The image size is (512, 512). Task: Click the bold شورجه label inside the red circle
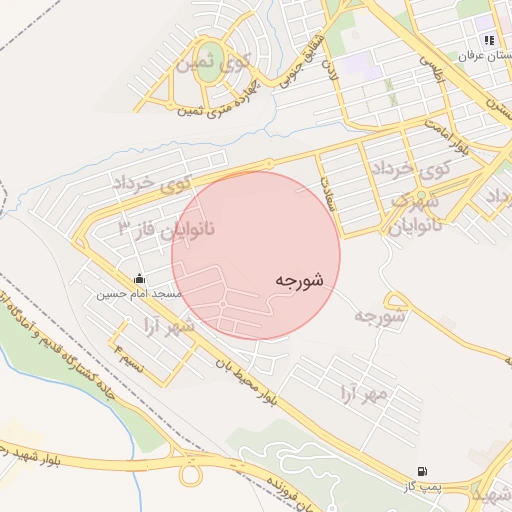point(298,281)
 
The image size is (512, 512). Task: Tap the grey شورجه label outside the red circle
point(379,316)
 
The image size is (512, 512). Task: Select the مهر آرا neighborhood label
point(361,392)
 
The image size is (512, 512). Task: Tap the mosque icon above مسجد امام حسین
point(139,278)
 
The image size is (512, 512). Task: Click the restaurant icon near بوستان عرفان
point(489,41)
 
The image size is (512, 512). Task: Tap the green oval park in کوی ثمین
point(209,57)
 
